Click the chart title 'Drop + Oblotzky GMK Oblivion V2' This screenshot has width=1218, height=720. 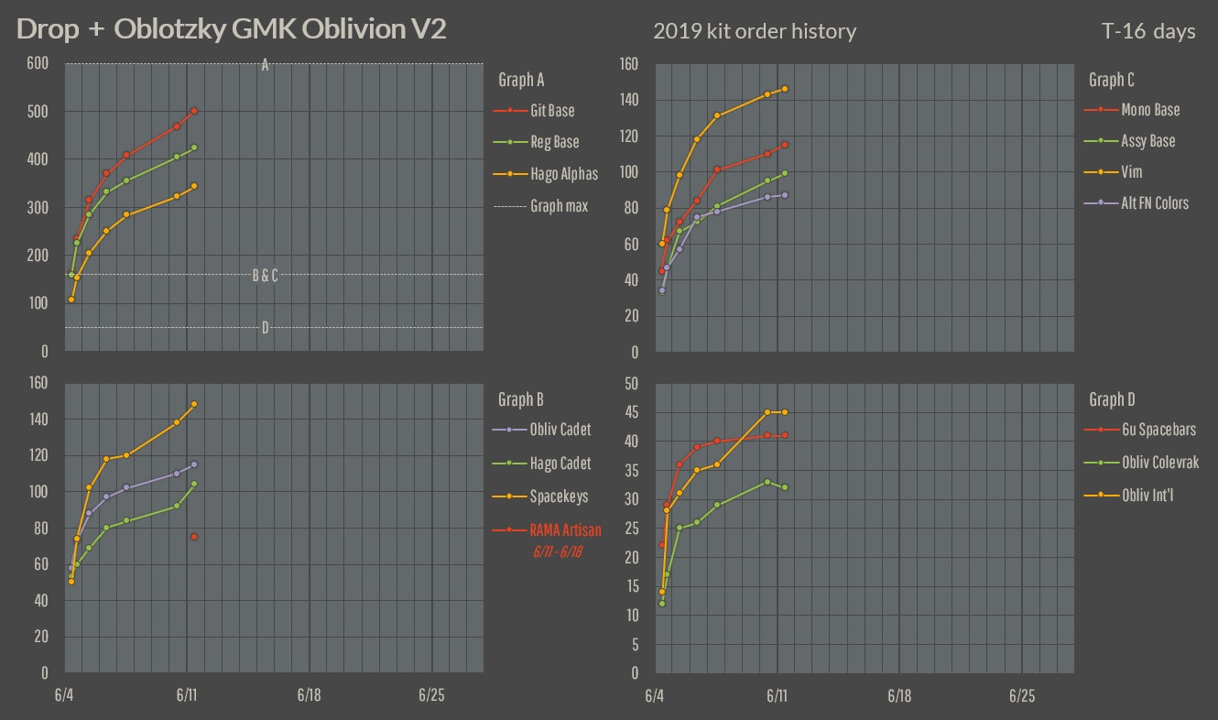click(232, 29)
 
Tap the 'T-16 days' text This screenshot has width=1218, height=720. click(1149, 31)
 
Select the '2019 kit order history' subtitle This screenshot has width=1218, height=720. click(755, 31)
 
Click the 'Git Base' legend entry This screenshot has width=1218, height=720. click(552, 111)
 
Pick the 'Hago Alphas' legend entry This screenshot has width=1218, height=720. click(563, 174)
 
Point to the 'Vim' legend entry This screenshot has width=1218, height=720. click(1131, 171)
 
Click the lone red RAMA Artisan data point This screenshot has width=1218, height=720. click(194, 537)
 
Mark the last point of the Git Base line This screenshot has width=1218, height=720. click(194, 111)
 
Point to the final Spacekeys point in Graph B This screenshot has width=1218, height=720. click(194, 404)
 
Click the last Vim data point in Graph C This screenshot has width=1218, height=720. click(785, 89)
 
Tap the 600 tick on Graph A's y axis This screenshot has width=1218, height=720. click(37, 64)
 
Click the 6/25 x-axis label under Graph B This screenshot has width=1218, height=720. click(431, 696)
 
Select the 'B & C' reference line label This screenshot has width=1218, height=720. click(265, 275)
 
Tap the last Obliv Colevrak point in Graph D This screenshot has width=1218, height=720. click(785, 487)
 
